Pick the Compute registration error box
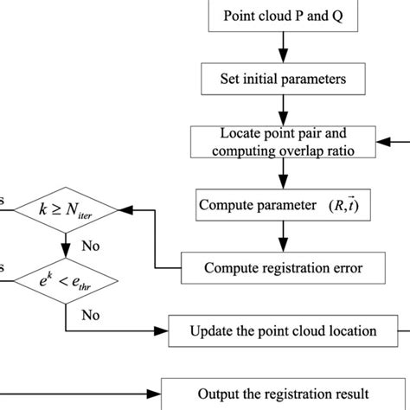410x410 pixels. click(x=282, y=268)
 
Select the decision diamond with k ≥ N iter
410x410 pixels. click(x=67, y=209)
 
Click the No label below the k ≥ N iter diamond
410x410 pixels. click(x=91, y=245)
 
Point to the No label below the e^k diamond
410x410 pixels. click(x=91, y=315)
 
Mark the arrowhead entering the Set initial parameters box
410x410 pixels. click(x=282, y=58)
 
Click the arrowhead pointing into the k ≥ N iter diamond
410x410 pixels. click(x=121, y=209)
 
